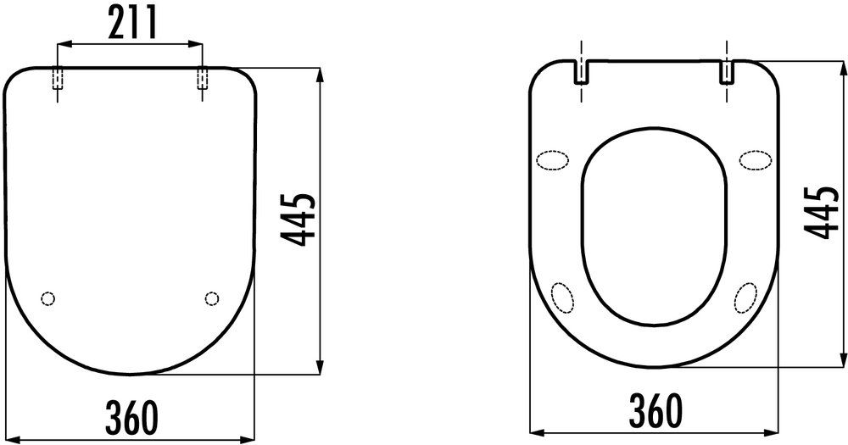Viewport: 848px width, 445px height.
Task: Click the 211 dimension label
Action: (x=132, y=22)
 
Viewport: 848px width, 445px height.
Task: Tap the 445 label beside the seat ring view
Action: (x=822, y=213)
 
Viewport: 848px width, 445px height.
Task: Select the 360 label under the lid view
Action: (x=132, y=417)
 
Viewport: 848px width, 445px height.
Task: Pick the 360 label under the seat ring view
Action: (x=655, y=410)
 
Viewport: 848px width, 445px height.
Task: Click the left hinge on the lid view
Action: (x=57, y=79)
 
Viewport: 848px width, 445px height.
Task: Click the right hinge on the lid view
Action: (x=203, y=79)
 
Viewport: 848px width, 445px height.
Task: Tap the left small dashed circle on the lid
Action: (x=48, y=298)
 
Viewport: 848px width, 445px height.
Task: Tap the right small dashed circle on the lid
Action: (x=212, y=298)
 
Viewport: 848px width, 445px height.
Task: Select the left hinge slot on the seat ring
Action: (x=581, y=71)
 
